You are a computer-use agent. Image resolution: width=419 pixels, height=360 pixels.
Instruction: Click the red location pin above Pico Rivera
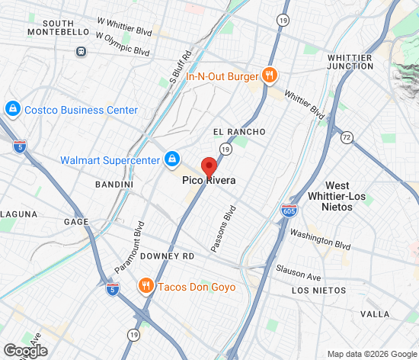pos(209,166)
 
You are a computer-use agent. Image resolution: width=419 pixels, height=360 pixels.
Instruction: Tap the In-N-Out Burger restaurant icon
pos(268,75)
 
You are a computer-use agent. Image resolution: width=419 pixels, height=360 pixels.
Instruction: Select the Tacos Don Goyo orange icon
pos(145,287)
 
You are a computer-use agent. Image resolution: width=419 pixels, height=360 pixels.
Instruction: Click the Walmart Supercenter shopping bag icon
pos(172,159)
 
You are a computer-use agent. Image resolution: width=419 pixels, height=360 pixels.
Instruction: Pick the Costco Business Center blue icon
pos(12,110)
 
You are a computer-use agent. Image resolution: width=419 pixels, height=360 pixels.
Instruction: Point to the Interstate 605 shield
pos(289,210)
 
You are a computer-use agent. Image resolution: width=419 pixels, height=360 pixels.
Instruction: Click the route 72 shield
pos(347,138)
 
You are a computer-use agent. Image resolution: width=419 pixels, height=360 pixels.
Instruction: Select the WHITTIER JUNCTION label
pos(360,62)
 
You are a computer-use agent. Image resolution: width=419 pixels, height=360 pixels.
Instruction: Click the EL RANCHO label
pos(239,132)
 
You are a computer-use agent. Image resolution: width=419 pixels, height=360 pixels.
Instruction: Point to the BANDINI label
pos(114,185)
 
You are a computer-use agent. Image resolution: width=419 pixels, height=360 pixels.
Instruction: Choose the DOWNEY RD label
pos(168,256)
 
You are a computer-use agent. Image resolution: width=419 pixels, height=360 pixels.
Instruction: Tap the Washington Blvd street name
pos(320,241)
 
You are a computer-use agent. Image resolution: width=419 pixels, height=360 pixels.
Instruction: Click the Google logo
pos(24,351)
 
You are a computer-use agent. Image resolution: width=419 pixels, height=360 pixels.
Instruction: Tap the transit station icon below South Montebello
pos(80,52)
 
